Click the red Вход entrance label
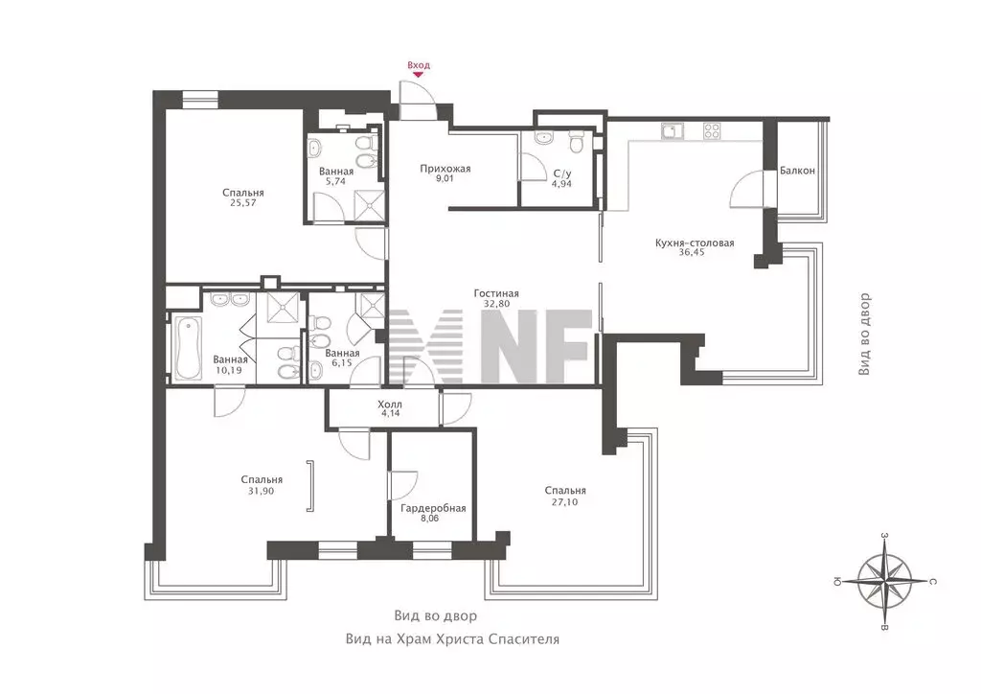click(x=419, y=65)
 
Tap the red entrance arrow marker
click(x=419, y=75)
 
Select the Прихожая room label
click(x=445, y=169)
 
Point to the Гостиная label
click(x=496, y=293)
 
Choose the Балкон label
click(x=797, y=171)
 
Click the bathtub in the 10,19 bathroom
click(x=188, y=349)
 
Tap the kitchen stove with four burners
click(x=712, y=131)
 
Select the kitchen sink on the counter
click(x=672, y=131)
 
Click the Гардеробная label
click(x=433, y=508)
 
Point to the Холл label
click(x=390, y=405)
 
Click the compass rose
click(x=884, y=582)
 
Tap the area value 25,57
click(x=242, y=203)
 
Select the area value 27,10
click(x=564, y=501)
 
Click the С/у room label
click(x=561, y=173)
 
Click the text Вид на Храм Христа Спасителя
click(x=452, y=639)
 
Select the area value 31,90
click(x=261, y=491)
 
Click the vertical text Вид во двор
click(x=864, y=335)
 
